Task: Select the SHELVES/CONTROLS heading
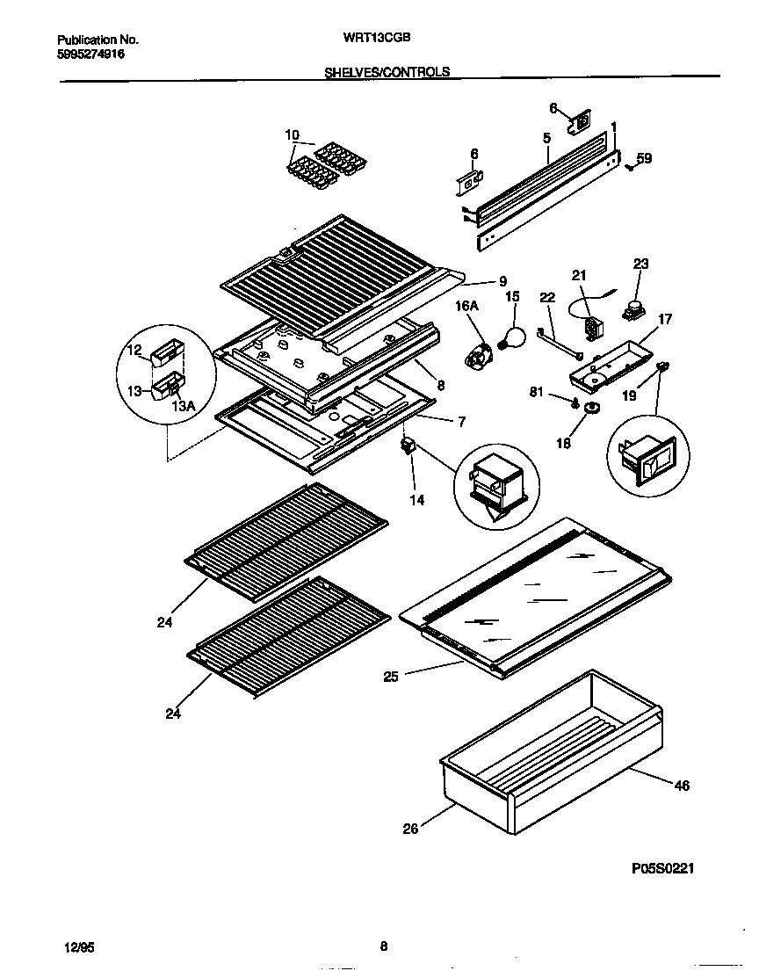click(x=387, y=72)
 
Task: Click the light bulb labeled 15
click(x=512, y=335)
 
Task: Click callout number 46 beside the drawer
click(x=682, y=786)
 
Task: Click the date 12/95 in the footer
click(x=79, y=947)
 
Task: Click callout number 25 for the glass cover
click(x=391, y=677)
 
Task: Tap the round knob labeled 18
click(x=589, y=406)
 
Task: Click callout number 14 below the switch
click(x=416, y=500)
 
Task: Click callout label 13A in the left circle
click(x=184, y=405)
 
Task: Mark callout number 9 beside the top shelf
click(x=502, y=281)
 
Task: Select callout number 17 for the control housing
click(x=665, y=319)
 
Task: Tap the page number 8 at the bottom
click(x=383, y=946)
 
